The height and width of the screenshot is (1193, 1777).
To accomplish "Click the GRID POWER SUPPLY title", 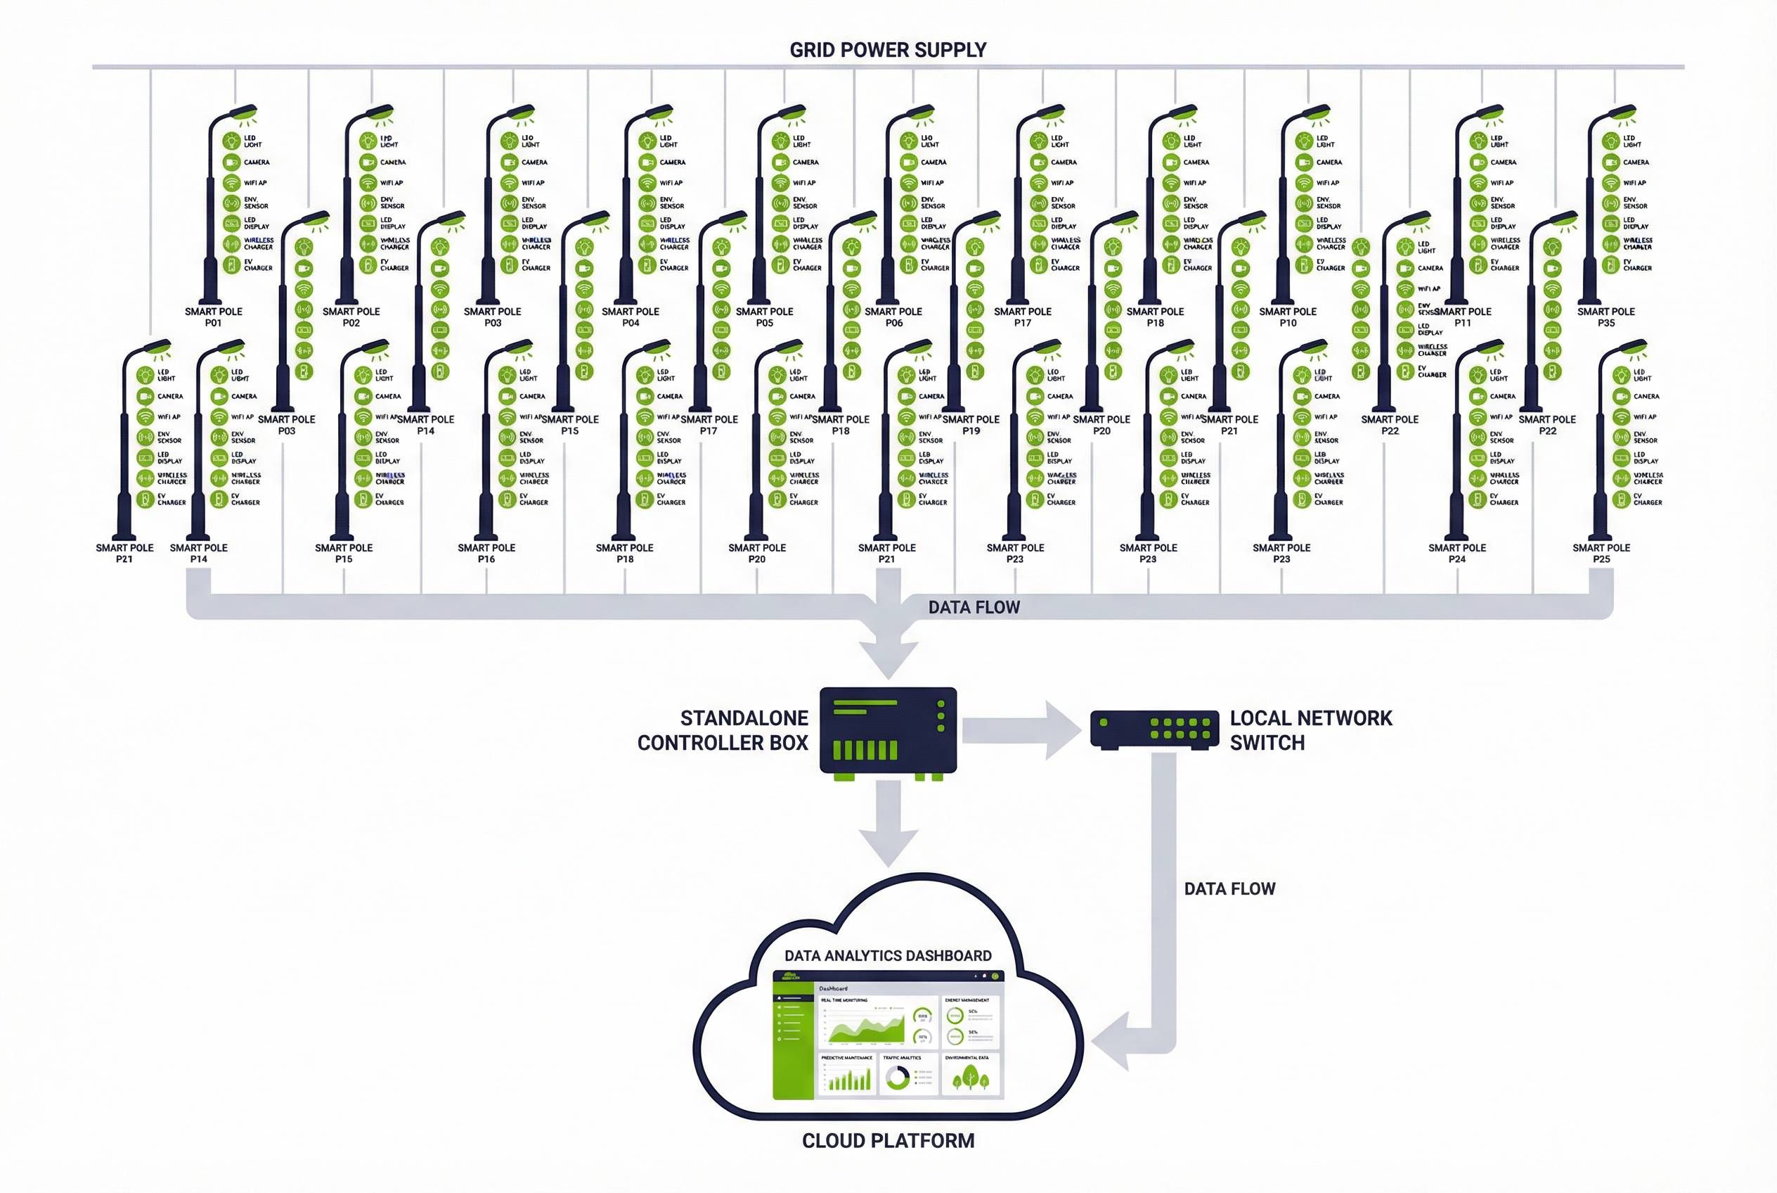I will click(x=887, y=50).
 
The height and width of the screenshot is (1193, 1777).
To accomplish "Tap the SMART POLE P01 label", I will click(x=213, y=317).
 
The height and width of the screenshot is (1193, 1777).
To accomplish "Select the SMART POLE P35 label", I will click(x=1606, y=317).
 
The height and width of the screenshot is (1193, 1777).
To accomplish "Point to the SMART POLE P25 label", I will click(x=1601, y=553).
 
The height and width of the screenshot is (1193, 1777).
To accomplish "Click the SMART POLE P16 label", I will click(x=486, y=553).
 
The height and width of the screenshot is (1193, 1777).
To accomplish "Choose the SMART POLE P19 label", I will click(x=971, y=425).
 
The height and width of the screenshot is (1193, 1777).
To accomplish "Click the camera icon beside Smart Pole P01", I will click(x=231, y=162).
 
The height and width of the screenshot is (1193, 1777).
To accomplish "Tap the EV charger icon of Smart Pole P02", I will click(x=368, y=264).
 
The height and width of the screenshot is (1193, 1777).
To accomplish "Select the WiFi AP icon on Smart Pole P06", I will click(x=908, y=183).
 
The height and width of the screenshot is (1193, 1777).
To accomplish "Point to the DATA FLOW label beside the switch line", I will click(x=1229, y=888).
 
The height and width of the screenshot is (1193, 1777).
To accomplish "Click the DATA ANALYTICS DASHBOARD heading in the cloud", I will click(x=887, y=956).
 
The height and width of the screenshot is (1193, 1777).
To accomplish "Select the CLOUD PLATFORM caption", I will click(x=887, y=1140).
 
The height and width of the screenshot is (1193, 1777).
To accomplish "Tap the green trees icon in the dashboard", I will click(x=970, y=1077).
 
